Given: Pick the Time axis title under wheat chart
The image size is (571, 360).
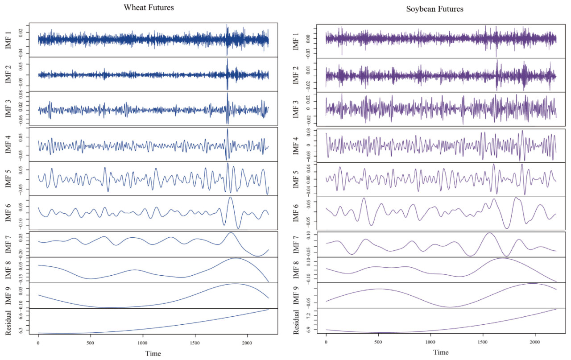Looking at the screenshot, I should tap(153, 353).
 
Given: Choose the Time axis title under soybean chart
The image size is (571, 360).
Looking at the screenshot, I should tap(441, 352).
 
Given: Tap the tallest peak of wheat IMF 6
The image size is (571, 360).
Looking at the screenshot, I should tap(230, 197).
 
